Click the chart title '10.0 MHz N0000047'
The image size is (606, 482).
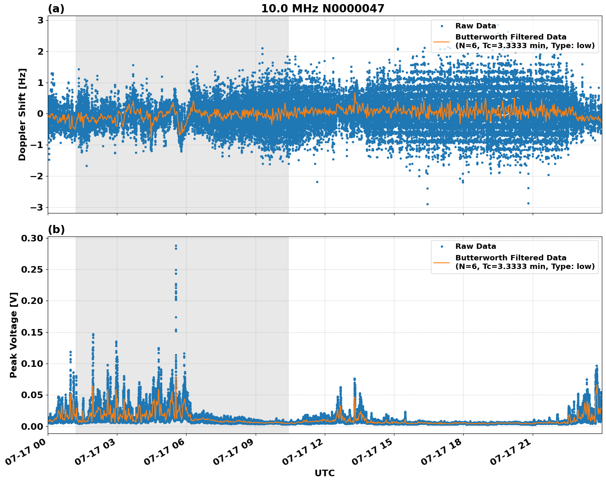(322, 9)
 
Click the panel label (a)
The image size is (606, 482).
(56, 9)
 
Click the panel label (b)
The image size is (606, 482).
(56, 229)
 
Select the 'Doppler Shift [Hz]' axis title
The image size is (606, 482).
(22, 114)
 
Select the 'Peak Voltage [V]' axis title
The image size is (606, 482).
(14, 335)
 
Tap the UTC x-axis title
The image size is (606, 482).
(324, 473)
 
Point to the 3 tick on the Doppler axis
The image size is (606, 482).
(41, 20)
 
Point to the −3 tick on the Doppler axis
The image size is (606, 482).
(37, 207)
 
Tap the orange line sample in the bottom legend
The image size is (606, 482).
(441, 262)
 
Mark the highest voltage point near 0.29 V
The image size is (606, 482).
(176, 246)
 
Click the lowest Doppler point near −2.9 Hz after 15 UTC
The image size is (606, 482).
(427, 204)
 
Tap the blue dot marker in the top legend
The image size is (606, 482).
(442, 26)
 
